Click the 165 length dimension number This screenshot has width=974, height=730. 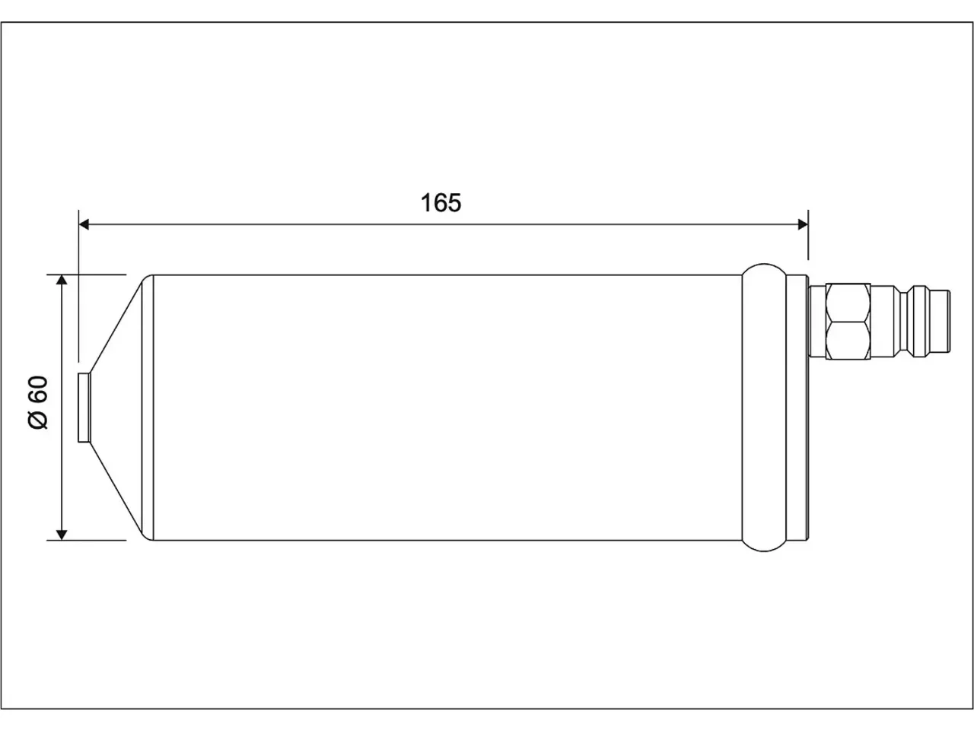tap(441, 203)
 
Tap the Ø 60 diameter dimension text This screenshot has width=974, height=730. tap(38, 402)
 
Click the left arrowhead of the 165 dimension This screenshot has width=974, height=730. tap(84, 225)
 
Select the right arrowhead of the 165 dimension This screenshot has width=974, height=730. tap(803, 225)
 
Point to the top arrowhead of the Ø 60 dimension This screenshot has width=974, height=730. tap(62, 280)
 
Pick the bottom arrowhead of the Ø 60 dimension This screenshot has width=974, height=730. tap(62, 535)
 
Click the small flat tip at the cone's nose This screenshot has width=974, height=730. tap(84, 408)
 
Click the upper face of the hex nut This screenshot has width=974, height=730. tap(848, 303)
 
